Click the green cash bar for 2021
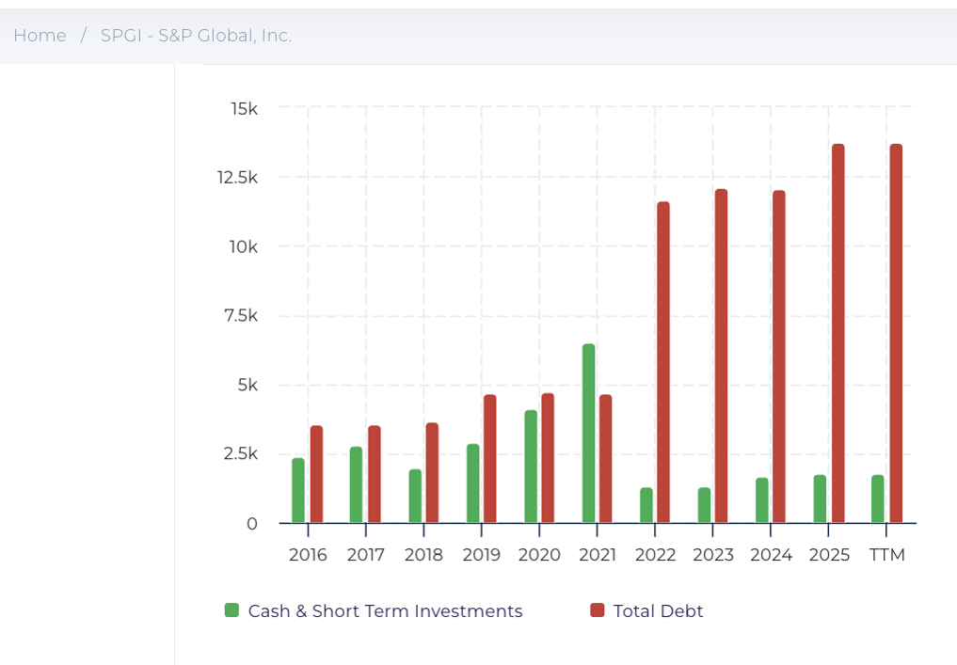point(588,434)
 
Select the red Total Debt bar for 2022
point(663,362)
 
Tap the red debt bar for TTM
point(896,334)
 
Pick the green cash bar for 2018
point(415,496)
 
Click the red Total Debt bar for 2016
point(316,474)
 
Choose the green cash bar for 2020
point(531,467)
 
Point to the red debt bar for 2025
point(837,334)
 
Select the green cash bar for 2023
point(704,505)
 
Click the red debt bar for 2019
point(489,459)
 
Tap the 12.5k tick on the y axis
point(238,178)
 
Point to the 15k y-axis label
point(244,109)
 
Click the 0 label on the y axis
point(251,524)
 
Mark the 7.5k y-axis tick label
point(240,316)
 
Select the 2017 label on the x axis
point(365,555)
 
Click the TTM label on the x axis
point(887,555)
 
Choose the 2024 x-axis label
point(771,555)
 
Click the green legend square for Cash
point(231,610)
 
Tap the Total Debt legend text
point(658,611)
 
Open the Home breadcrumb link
point(40,36)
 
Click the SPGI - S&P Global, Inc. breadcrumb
point(196,36)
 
